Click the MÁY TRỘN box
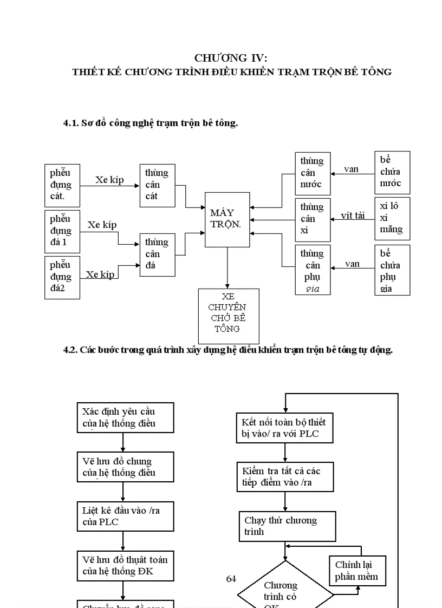pos(227,219)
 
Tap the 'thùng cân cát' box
pos(157,185)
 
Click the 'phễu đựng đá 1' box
pos(62,231)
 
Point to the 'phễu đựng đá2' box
pos(62,277)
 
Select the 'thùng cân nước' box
pos(313,173)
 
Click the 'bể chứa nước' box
pos(392,172)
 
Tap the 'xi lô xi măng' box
pos(392,218)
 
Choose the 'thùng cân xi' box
pos(313,219)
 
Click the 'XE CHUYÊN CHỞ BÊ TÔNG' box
pos(228,316)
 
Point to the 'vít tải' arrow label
pos(353,215)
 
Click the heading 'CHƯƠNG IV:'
pos(231,58)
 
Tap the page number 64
pos(231,579)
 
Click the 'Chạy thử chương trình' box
pos(287,526)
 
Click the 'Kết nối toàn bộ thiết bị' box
pos(285,428)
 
